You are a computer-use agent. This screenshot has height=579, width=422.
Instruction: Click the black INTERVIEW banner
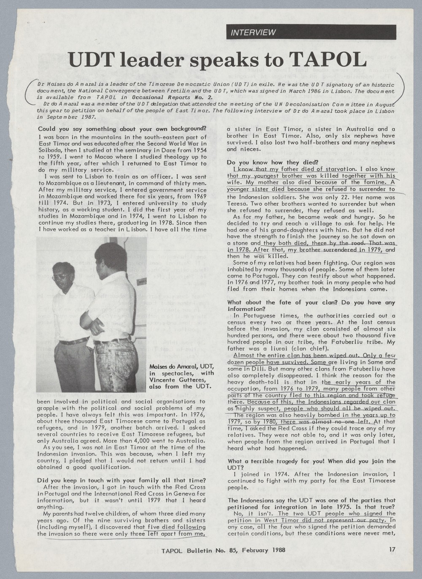pos(311,32)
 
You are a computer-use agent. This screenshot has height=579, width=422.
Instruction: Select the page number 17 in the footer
pos(392,549)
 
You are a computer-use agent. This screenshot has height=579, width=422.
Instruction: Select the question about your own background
pos(122,129)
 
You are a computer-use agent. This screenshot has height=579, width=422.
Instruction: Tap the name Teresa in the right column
pos(237,204)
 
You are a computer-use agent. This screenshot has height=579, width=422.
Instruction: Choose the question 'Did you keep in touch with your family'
pos(122,480)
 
